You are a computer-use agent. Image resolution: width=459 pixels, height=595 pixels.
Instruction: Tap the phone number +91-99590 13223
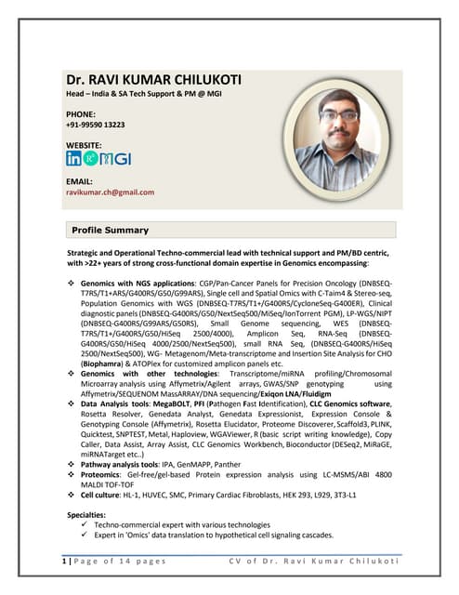pos(96,124)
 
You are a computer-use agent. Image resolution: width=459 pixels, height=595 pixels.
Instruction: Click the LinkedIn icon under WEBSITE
pos(73,159)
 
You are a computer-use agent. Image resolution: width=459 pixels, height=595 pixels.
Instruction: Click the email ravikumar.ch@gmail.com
pos(110,192)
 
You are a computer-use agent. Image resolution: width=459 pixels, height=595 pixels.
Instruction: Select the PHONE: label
pos(83,112)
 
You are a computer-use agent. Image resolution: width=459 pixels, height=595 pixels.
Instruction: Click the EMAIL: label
pos(80,181)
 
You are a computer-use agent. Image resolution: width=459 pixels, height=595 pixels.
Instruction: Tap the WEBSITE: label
pos(86,146)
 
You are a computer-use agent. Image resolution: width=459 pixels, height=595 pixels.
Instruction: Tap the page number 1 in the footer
pos(64,562)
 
